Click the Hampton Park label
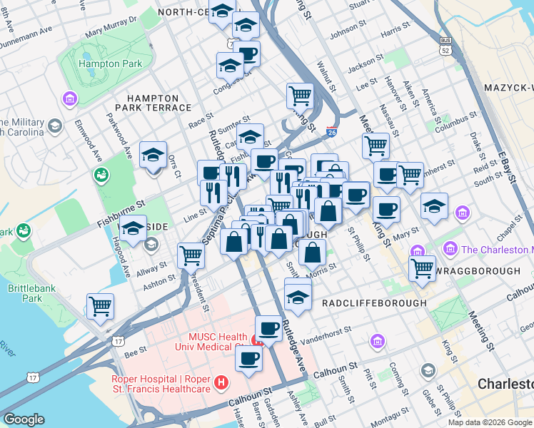(110, 63)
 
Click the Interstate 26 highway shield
(331, 132)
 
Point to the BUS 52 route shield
(445, 47)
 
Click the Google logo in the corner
(24, 419)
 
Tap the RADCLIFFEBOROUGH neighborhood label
(374, 303)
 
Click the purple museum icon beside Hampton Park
(70, 98)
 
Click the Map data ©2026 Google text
(490, 422)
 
